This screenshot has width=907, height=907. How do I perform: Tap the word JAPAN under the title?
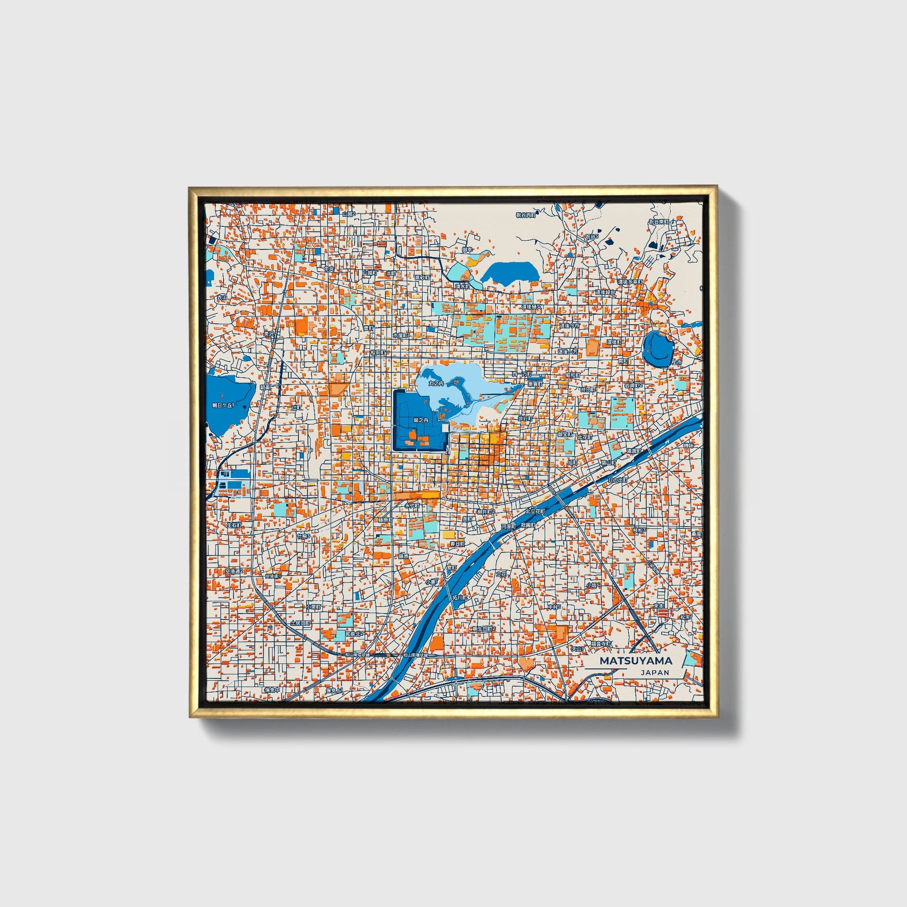[654, 672]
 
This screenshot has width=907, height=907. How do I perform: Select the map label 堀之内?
[420, 420]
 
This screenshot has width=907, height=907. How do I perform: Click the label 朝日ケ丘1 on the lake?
[222, 405]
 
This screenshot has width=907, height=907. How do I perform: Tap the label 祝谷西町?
[525, 215]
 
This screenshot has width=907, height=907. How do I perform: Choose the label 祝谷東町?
[658, 221]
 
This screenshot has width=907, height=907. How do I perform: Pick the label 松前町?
[378, 351]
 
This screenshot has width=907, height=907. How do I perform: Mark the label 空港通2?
[233, 571]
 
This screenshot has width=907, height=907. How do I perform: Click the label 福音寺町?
[601, 644]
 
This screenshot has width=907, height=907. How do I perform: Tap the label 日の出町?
[617, 480]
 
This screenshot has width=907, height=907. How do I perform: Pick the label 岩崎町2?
[633, 385]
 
